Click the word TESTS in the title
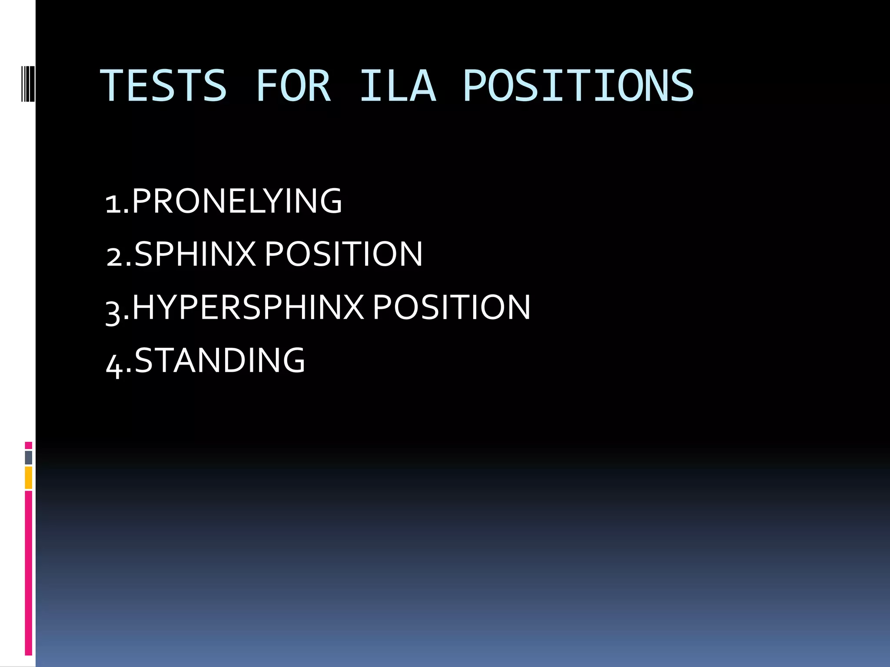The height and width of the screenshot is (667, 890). (x=163, y=86)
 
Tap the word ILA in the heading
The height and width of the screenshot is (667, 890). (x=398, y=86)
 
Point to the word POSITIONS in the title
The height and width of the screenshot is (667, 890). (x=578, y=86)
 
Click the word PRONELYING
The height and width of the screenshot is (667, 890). (x=237, y=201)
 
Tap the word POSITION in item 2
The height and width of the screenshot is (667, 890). (x=343, y=254)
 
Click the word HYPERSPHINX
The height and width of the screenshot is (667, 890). (x=248, y=307)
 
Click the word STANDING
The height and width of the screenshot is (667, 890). (x=219, y=360)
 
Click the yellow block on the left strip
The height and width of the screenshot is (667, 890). (x=28, y=478)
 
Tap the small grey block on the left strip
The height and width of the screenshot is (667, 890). (x=28, y=457)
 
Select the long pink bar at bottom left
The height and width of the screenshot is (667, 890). (x=28, y=573)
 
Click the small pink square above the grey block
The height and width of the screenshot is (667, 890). (x=28, y=445)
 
